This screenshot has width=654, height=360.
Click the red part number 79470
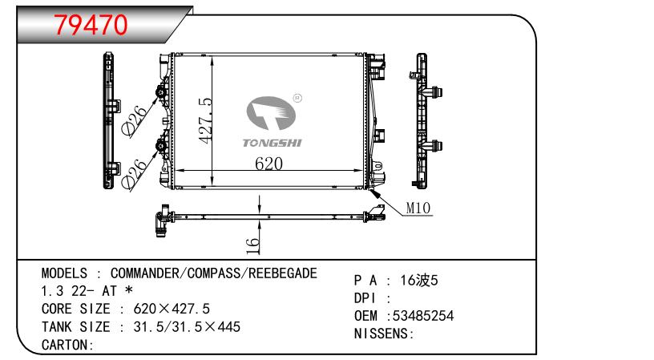coord(91,25)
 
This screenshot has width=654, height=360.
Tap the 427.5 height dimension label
coord(206,121)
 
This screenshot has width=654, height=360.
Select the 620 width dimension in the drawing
coord(268,164)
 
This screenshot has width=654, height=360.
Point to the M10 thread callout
coord(418,208)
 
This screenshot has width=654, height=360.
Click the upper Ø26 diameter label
coord(135,119)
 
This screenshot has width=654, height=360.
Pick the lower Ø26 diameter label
coord(135,173)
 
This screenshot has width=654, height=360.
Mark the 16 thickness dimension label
coord(252,245)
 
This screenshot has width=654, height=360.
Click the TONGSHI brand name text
coord(272,143)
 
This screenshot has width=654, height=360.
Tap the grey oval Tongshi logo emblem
coord(271,112)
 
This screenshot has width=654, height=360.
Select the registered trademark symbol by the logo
coord(297,98)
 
